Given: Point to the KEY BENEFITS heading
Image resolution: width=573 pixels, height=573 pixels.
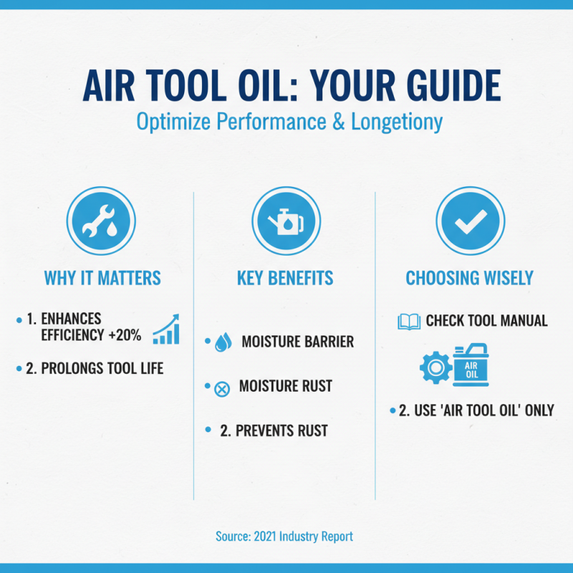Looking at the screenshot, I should [x=285, y=278].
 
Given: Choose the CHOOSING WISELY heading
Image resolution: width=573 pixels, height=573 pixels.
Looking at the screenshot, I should [x=469, y=278].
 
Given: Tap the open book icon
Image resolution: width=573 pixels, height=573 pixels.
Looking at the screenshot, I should [x=409, y=321].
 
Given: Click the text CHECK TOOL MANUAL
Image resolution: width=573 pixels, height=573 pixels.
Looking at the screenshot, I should [x=486, y=320].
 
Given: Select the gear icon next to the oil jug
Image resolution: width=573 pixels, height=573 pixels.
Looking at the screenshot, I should [x=434, y=367].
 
